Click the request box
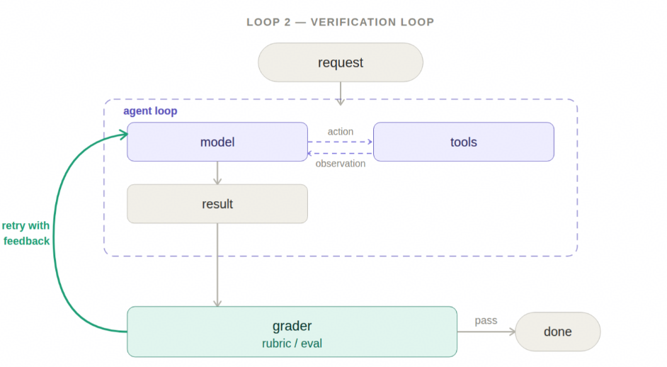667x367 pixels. [x=341, y=62]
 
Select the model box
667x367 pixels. [x=217, y=142]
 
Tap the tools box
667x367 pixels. [x=464, y=142]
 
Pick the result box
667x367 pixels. [x=217, y=204]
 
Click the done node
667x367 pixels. [x=558, y=332]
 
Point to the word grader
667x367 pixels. [x=292, y=326]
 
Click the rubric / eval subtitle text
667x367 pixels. [x=292, y=343]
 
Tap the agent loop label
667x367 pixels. [x=150, y=111]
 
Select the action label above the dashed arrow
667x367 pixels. [x=341, y=132]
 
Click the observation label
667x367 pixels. [x=341, y=164]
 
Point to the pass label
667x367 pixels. [x=486, y=320]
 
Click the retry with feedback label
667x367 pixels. [x=26, y=233]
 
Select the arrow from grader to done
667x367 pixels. [x=486, y=332]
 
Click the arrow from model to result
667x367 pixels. [x=217, y=173]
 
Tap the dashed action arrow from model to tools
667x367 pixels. [x=341, y=142]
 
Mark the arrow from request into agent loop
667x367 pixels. [x=341, y=94]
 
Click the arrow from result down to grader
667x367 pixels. [x=217, y=265]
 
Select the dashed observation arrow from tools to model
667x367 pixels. [x=341, y=153]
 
